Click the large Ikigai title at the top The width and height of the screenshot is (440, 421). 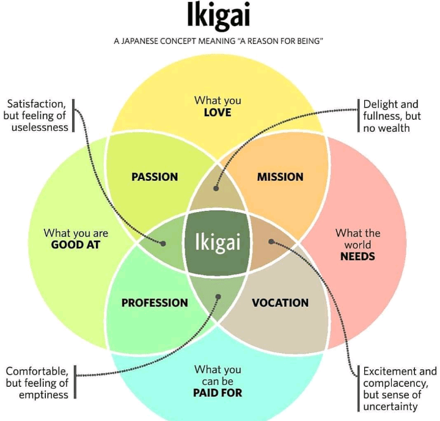(x=218, y=16)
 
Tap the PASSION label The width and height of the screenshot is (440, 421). (x=155, y=177)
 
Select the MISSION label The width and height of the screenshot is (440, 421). (x=280, y=177)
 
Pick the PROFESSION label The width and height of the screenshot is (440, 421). (x=155, y=302)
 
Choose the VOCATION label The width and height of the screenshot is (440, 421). (x=280, y=302)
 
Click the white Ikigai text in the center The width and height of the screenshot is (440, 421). (x=218, y=242)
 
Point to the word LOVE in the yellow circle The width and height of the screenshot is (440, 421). (x=218, y=112)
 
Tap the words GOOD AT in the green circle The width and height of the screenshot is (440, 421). (x=76, y=245)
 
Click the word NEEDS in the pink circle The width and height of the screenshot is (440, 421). (x=358, y=256)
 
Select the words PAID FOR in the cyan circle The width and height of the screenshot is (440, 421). (x=218, y=393)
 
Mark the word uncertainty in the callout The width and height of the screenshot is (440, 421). (x=391, y=406)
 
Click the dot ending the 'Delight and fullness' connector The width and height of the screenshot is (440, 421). (x=217, y=188)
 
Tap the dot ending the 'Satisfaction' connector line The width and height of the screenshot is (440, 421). (x=164, y=243)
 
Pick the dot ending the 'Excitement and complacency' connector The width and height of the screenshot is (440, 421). (x=271, y=241)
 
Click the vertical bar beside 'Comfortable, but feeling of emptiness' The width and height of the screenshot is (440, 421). (x=75, y=383)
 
